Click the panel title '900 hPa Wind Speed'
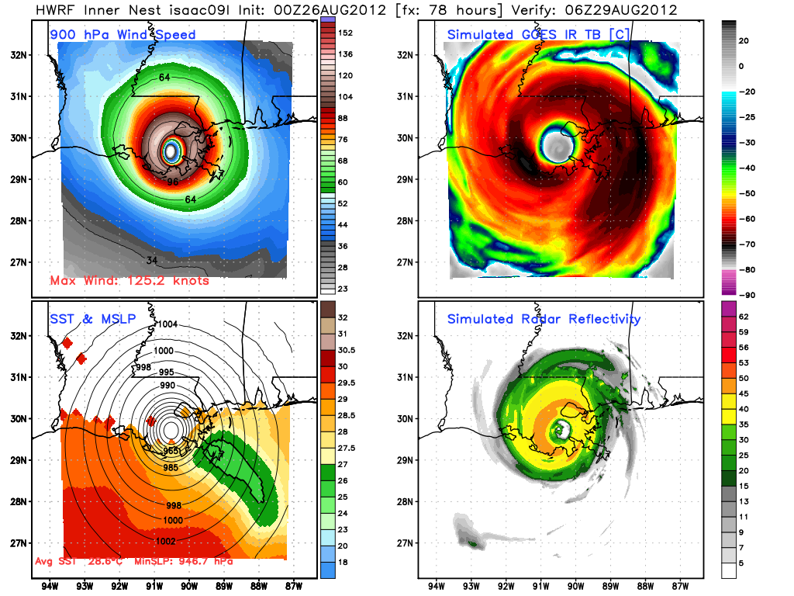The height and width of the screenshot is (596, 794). (x=123, y=35)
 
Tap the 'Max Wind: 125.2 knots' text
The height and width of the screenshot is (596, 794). (x=129, y=280)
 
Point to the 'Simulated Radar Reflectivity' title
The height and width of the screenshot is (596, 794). (x=544, y=319)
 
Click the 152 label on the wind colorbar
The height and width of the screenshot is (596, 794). (x=344, y=33)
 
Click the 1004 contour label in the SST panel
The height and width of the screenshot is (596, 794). (x=168, y=324)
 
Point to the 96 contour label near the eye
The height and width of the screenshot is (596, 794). (x=174, y=182)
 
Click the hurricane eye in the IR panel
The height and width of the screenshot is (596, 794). (x=556, y=145)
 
